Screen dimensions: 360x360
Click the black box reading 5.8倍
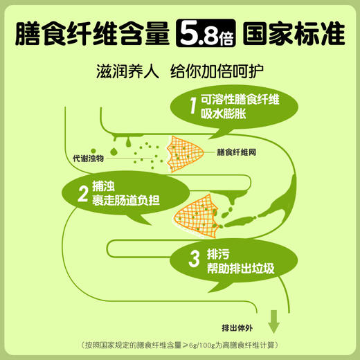point(206,33)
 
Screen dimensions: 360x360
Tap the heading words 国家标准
point(294,33)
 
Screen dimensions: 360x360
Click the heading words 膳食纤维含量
point(92,33)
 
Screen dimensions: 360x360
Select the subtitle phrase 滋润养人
point(127,71)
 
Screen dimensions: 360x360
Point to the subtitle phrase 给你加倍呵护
point(217,71)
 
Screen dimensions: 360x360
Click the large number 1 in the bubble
point(193,105)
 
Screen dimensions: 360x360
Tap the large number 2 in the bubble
point(83,194)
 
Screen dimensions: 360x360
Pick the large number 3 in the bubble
point(194,259)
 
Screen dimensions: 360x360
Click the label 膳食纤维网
point(236,152)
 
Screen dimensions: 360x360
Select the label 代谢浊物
point(88,159)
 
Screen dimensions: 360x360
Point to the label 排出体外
point(237,328)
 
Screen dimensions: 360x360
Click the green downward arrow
point(273,322)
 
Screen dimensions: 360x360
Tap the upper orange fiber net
point(185,154)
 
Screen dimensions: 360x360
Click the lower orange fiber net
point(196,217)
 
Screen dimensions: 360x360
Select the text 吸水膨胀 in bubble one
point(223,114)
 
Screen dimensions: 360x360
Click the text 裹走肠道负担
point(126,200)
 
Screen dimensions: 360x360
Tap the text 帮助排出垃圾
point(241,269)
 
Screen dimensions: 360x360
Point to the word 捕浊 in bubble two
point(103,186)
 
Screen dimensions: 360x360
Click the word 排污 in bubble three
point(218,254)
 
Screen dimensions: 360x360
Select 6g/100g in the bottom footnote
point(202,345)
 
